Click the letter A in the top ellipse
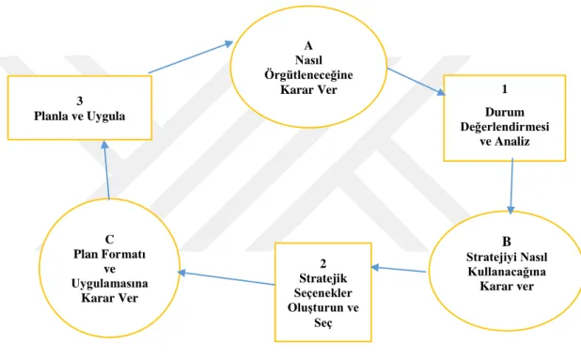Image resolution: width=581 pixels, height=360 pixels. tap(308, 45)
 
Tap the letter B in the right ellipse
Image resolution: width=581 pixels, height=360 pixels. tap(507, 242)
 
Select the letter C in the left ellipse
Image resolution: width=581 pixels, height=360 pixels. tap(110, 240)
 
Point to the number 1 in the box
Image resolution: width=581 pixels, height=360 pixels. tap(504, 89)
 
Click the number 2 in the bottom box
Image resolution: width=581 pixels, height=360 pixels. tap(323, 263)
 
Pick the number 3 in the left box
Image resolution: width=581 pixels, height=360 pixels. tap(80, 101)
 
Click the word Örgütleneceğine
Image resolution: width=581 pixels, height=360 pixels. tap(308, 74)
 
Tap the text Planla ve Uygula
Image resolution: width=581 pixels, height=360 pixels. tap(80, 116)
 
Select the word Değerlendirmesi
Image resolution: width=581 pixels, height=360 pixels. tap(505, 127)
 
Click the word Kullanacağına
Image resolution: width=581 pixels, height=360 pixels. tap(507, 272)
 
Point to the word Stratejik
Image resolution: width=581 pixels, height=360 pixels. tap(323, 278)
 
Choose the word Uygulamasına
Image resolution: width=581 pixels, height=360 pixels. tap(110, 284)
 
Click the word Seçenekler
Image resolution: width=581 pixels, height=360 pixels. tap(323, 293)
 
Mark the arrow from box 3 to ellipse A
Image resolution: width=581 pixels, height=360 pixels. tap(191, 57)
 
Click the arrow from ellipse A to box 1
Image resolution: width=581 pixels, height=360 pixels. tap(416, 82)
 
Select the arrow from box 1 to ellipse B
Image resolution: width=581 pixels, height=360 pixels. tap(511, 186)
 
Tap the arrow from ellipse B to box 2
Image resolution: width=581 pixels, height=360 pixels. tap(399, 269)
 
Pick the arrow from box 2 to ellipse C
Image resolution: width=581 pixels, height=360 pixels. tap(226, 278)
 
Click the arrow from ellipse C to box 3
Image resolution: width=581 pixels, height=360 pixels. tap(106, 170)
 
